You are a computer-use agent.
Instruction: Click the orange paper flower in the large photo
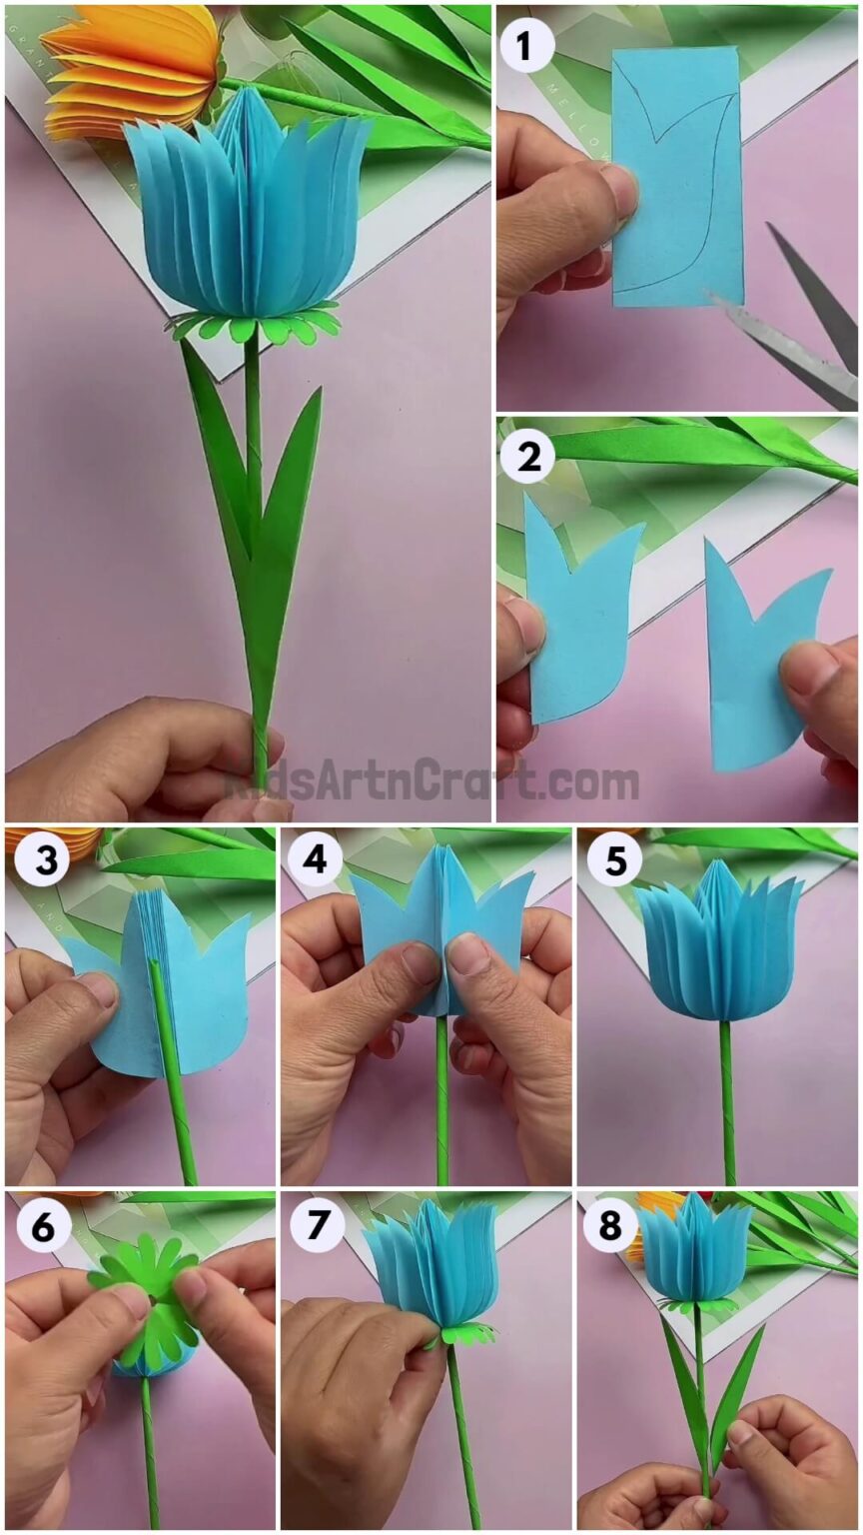point(130,70)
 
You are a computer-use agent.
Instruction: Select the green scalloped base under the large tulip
point(255,326)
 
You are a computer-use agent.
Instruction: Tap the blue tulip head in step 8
point(695,1254)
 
